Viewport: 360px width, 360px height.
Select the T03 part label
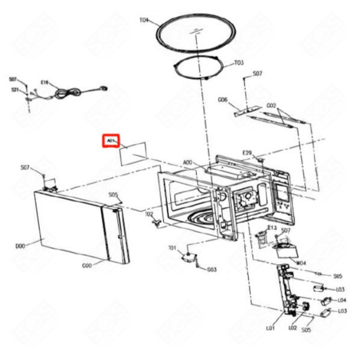(238, 62)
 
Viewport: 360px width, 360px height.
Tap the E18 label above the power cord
(44, 80)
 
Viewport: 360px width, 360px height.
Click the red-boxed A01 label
(110, 142)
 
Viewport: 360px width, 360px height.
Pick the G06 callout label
(222, 100)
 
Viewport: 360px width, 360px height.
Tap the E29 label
(247, 153)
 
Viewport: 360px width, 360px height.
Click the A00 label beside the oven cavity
(188, 163)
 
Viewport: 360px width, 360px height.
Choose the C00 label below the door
(87, 265)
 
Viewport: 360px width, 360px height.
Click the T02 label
(149, 214)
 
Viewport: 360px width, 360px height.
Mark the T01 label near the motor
(172, 247)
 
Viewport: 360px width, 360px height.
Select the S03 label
(211, 270)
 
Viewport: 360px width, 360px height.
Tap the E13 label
(271, 227)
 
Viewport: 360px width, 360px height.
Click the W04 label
(301, 262)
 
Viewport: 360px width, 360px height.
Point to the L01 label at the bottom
(270, 329)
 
